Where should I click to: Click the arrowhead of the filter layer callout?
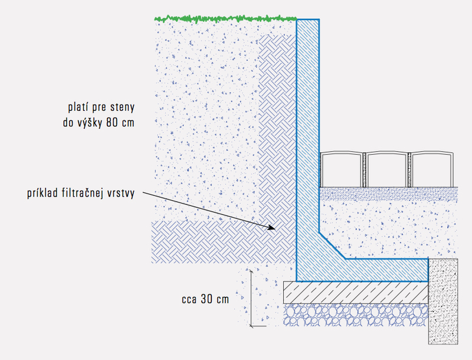pos(272,228)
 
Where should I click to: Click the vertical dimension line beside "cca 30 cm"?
pos(251,297)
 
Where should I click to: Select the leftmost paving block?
pos(342,169)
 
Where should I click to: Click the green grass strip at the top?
pos(224,18)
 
